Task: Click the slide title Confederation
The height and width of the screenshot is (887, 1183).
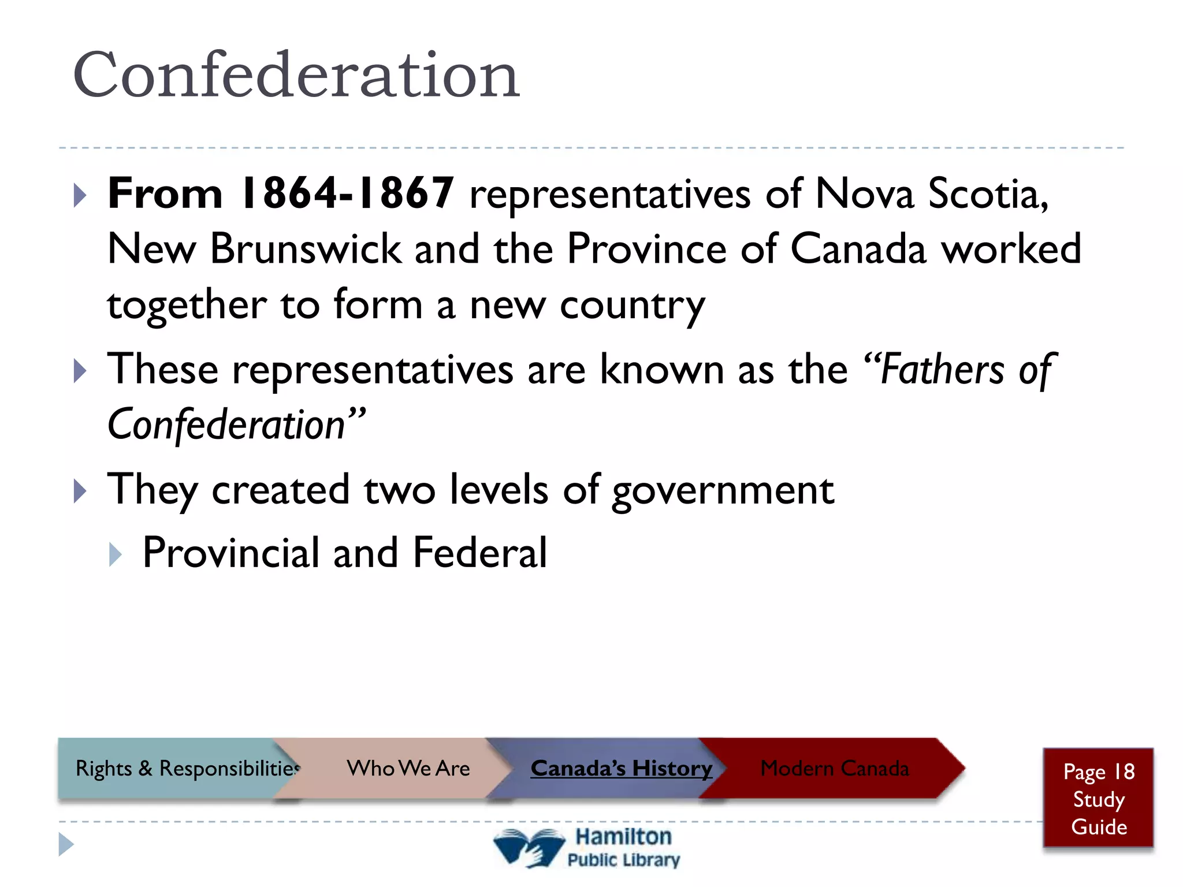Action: [x=296, y=75]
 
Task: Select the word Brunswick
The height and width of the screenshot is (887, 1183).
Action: [x=305, y=249]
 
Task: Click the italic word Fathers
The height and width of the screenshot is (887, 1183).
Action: [x=942, y=370]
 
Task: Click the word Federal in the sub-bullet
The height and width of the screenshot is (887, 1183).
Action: [x=479, y=553]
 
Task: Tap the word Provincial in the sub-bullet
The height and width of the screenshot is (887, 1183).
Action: [x=230, y=553]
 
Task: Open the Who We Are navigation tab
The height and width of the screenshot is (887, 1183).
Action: [x=408, y=769]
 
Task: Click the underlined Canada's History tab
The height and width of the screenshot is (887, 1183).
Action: [x=621, y=769]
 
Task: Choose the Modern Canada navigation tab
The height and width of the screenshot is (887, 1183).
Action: [x=834, y=769]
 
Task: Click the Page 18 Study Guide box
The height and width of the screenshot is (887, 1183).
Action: [x=1098, y=799]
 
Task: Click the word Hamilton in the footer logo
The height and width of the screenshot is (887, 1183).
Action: [x=623, y=837]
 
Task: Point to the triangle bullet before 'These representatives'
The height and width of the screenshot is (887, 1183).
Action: [x=80, y=371]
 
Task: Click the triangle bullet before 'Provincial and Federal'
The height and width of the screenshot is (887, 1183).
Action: [x=116, y=554]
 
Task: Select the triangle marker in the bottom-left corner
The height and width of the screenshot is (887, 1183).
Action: [x=66, y=844]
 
